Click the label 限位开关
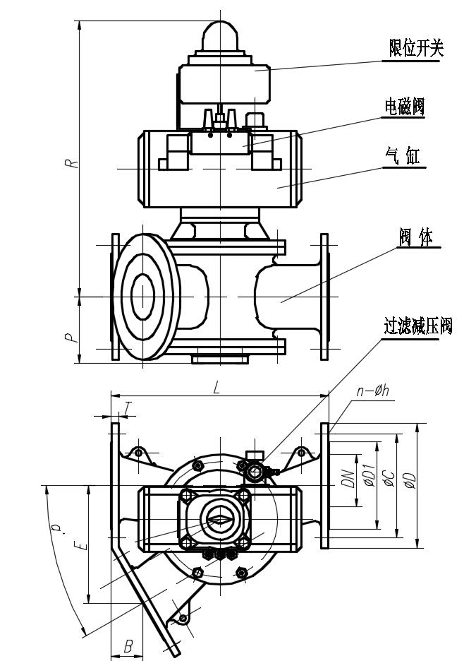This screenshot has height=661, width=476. (416, 48)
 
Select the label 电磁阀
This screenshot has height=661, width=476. (404, 107)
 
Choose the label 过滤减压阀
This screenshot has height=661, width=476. (417, 327)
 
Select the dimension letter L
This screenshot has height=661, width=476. (217, 387)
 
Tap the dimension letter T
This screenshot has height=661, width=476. (128, 407)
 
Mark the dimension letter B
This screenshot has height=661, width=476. (128, 645)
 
